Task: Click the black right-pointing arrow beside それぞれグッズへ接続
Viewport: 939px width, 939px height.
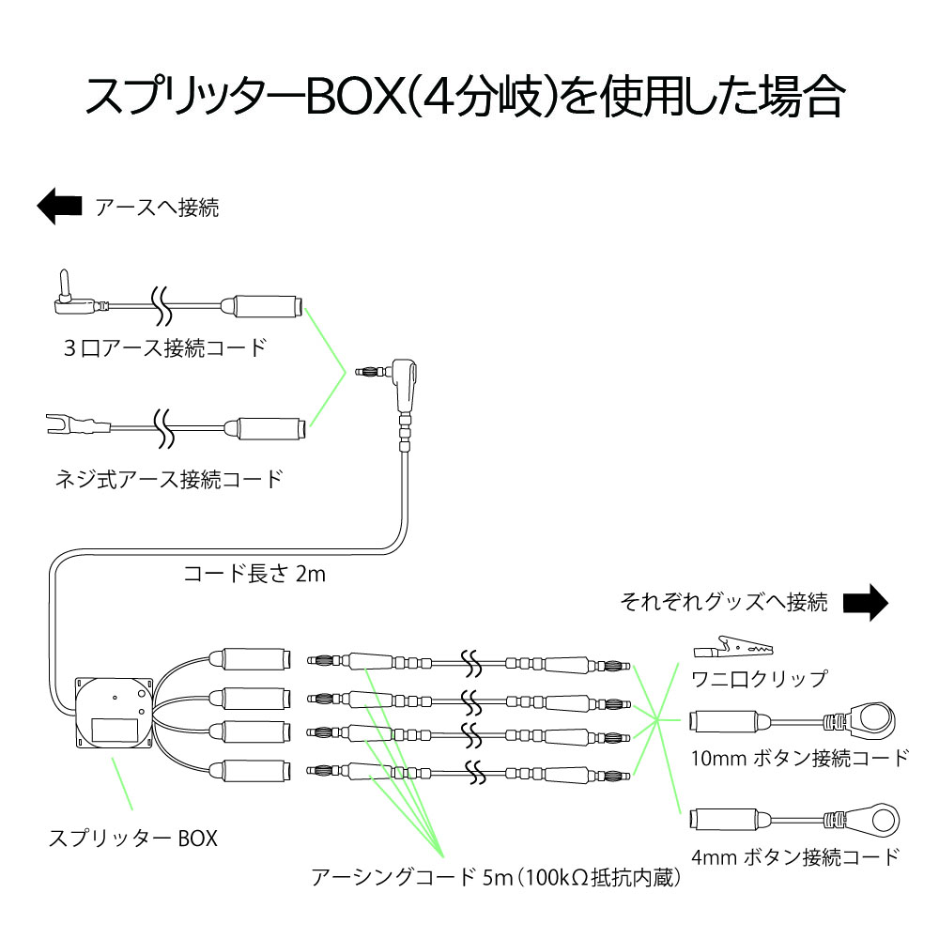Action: click(864, 602)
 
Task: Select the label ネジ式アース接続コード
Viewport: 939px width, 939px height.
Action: click(168, 479)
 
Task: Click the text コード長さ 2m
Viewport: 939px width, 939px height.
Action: click(254, 573)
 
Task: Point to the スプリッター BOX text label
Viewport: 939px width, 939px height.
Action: click(132, 837)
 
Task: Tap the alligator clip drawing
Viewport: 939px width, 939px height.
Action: click(732, 647)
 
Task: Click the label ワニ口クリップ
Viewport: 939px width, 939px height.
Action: click(759, 678)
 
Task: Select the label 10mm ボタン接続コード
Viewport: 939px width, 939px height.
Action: click(799, 758)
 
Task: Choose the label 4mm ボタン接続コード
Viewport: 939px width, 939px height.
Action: click(794, 856)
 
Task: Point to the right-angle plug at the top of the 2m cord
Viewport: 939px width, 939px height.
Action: click(404, 376)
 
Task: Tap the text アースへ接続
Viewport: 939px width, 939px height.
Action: click(157, 208)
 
